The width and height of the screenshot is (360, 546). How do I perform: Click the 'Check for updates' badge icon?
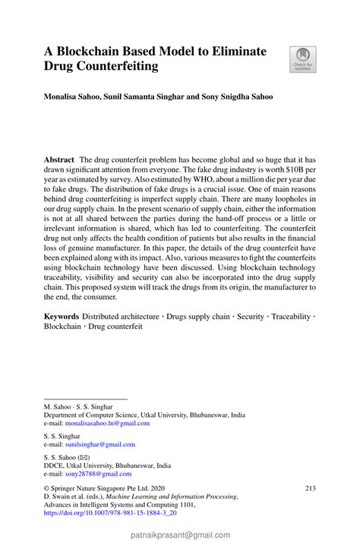tap(303, 59)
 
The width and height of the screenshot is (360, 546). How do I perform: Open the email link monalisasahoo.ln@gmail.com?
tap(106, 423)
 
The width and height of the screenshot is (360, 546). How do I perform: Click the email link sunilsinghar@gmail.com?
tap(99, 444)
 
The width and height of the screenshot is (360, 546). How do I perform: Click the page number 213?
tap(309, 488)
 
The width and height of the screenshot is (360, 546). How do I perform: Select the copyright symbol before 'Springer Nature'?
tap(47, 488)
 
